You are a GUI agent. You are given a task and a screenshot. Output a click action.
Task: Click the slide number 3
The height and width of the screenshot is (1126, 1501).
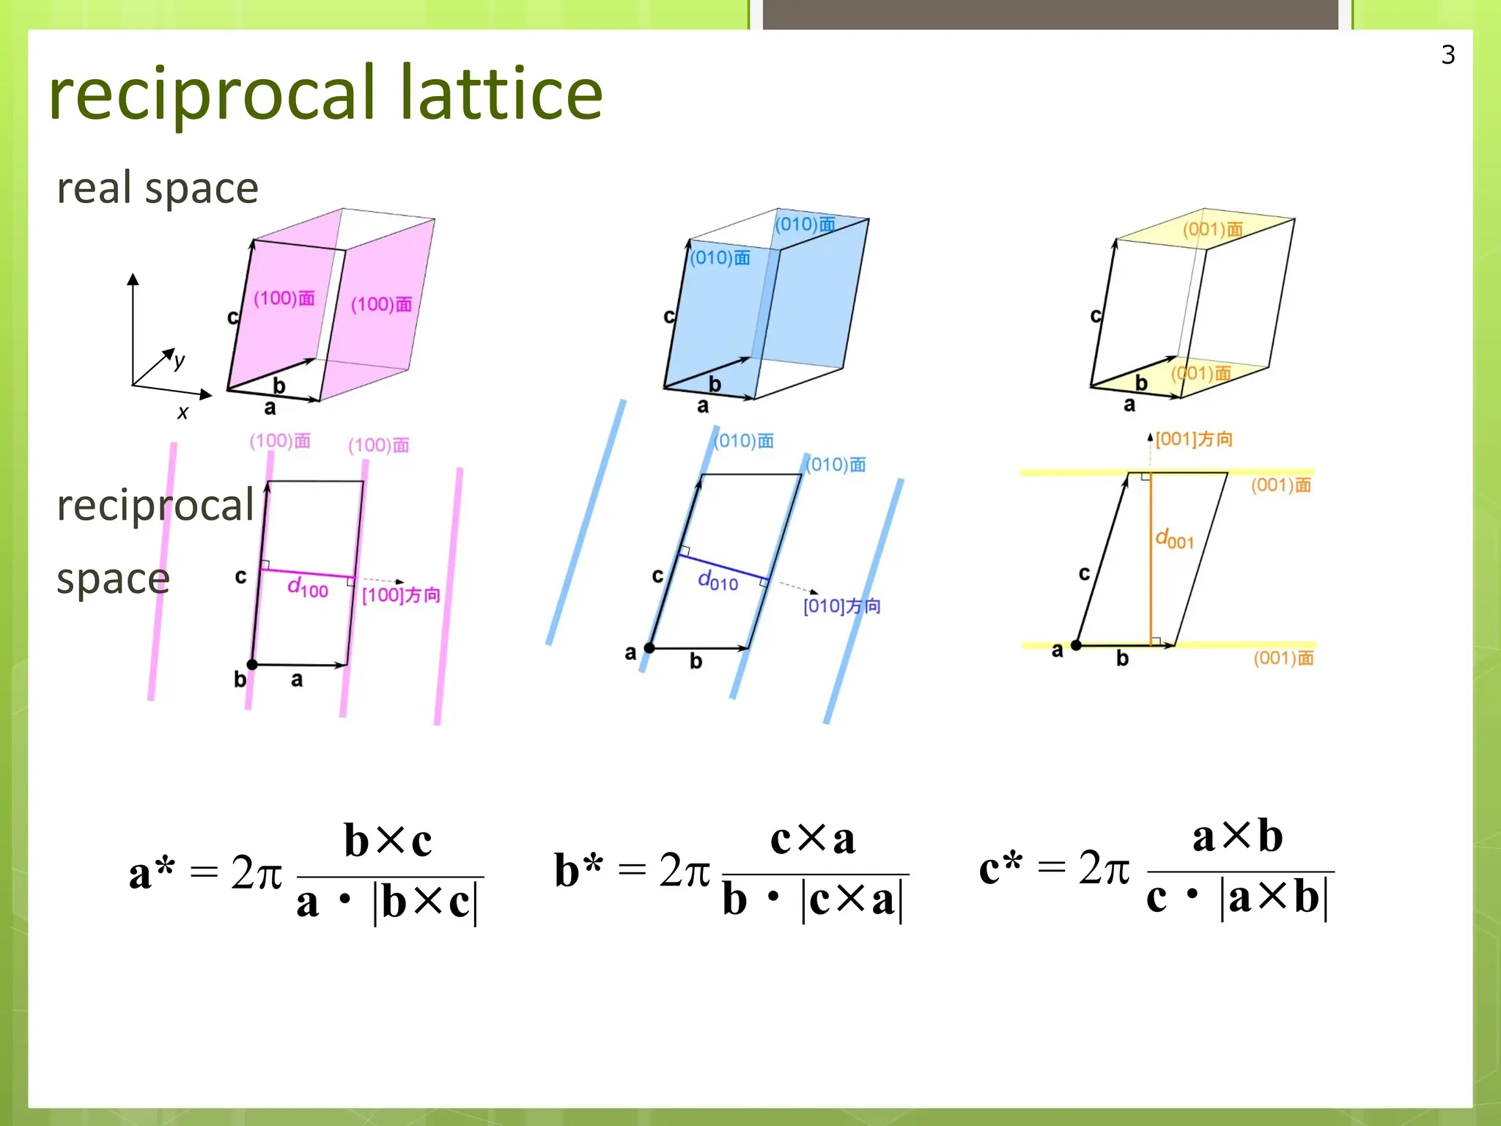point(1447,55)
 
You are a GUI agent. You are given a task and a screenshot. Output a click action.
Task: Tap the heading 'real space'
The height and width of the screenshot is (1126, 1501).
point(158,188)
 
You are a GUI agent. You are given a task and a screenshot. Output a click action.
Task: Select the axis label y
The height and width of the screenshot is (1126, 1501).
point(180,360)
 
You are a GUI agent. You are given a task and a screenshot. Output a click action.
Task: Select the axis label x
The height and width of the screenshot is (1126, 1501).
point(182,413)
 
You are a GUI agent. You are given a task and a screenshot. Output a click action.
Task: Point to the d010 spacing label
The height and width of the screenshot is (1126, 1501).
point(718,581)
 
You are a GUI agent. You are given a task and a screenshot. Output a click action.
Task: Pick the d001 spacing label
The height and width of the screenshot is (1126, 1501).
point(1174,539)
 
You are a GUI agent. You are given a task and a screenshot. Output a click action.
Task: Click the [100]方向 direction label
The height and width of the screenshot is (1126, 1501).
point(401,595)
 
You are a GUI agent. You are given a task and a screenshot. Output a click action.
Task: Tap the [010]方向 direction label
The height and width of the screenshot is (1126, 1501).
point(841,606)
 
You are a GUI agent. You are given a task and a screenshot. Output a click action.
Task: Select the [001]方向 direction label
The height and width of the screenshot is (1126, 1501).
point(1194,439)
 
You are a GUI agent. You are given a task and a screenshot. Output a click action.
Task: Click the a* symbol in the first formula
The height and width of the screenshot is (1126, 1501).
point(152,872)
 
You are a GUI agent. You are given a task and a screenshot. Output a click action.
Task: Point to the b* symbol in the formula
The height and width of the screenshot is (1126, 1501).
point(578,870)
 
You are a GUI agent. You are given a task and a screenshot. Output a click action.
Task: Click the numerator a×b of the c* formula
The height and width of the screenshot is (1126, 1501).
point(1237,836)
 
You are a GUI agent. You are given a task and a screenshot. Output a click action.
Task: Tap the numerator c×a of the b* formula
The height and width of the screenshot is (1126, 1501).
point(812,839)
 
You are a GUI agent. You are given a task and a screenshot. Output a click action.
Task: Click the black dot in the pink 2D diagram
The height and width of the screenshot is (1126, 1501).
point(252,664)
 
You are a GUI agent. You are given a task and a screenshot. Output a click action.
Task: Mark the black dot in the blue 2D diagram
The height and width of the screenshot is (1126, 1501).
point(649,648)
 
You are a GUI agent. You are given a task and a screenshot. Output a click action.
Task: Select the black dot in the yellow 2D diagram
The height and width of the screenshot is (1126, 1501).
point(1076,645)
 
